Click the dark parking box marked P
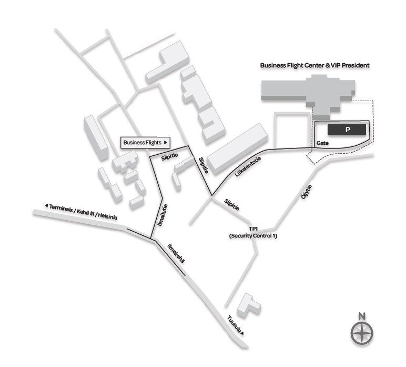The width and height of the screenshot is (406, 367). coord(347,130)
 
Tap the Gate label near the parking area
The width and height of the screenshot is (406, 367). coord(322,143)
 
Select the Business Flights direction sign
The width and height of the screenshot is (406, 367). coord(145,143)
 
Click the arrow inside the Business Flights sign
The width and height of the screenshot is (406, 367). coord(166,143)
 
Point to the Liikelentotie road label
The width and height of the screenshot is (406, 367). coord(248,166)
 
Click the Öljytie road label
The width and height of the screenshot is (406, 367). coord(306,192)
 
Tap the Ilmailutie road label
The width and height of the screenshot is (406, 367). coord(163,215)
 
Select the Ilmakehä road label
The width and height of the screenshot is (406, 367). coord(176,253)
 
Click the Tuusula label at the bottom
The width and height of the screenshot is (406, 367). coord(234,324)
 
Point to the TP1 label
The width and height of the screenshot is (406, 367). coord(253,229)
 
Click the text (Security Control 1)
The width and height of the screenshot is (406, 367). coord(253,236)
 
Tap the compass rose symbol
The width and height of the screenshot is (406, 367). coord(362,333)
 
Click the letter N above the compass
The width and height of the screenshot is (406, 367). coord(362,316)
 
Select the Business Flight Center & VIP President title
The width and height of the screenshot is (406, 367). coord(314,65)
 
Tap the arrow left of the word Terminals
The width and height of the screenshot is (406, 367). coord(46,205)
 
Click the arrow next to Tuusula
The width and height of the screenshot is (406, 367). coord(242,333)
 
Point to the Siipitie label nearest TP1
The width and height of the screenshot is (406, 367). coord(232,204)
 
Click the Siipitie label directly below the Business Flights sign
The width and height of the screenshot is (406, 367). coord(169,156)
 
